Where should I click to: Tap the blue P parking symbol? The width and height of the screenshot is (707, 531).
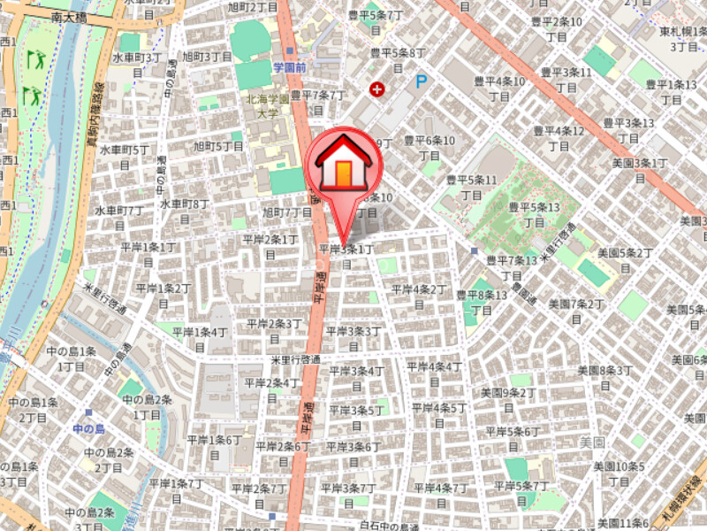pos(422,82)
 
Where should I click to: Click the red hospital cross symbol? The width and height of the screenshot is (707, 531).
pos(378,88)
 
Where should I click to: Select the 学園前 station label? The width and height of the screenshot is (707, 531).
pos(289,66)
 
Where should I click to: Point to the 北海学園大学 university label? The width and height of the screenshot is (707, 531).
pos(268,106)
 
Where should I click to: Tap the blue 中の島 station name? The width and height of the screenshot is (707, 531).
pos(89,429)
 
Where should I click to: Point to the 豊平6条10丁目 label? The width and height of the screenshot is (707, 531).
pos(430,146)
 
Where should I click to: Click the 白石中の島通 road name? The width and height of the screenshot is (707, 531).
pos(389,526)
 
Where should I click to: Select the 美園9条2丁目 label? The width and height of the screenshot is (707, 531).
pos(508,397)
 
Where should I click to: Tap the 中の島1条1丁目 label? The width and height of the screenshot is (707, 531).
pos(76,358)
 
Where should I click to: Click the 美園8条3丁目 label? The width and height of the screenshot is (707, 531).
pos(605,376)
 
